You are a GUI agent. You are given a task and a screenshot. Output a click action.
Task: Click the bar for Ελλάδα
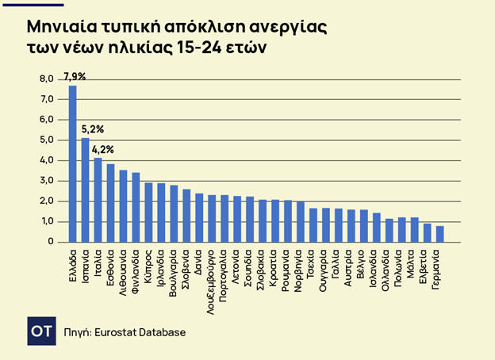click(x=73, y=163)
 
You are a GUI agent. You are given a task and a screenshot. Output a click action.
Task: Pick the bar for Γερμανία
click(x=439, y=234)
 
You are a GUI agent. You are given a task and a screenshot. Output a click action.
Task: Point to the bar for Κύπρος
click(x=148, y=213)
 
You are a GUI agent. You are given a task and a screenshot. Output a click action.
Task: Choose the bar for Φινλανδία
click(x=136, y=207)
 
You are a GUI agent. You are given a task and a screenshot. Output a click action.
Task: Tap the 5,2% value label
click(x=92, y=128)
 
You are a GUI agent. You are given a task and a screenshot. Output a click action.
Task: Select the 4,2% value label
click(x=103, y=149)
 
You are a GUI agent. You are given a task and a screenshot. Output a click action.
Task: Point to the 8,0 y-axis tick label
click(x=47, y=79)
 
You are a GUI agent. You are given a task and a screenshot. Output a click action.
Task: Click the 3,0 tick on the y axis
click(x=47, y=181)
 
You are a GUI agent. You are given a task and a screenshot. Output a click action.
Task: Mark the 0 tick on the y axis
click(x=50, y=242)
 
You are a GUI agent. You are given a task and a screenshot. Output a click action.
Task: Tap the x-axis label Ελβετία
click(x=427, y=263)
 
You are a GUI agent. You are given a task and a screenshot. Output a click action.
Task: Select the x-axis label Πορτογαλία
click(x=224, y=272)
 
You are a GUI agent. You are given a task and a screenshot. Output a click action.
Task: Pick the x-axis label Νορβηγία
click(x=300, y=268)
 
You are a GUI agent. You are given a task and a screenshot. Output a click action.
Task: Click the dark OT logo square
click(x=40, y=331)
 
